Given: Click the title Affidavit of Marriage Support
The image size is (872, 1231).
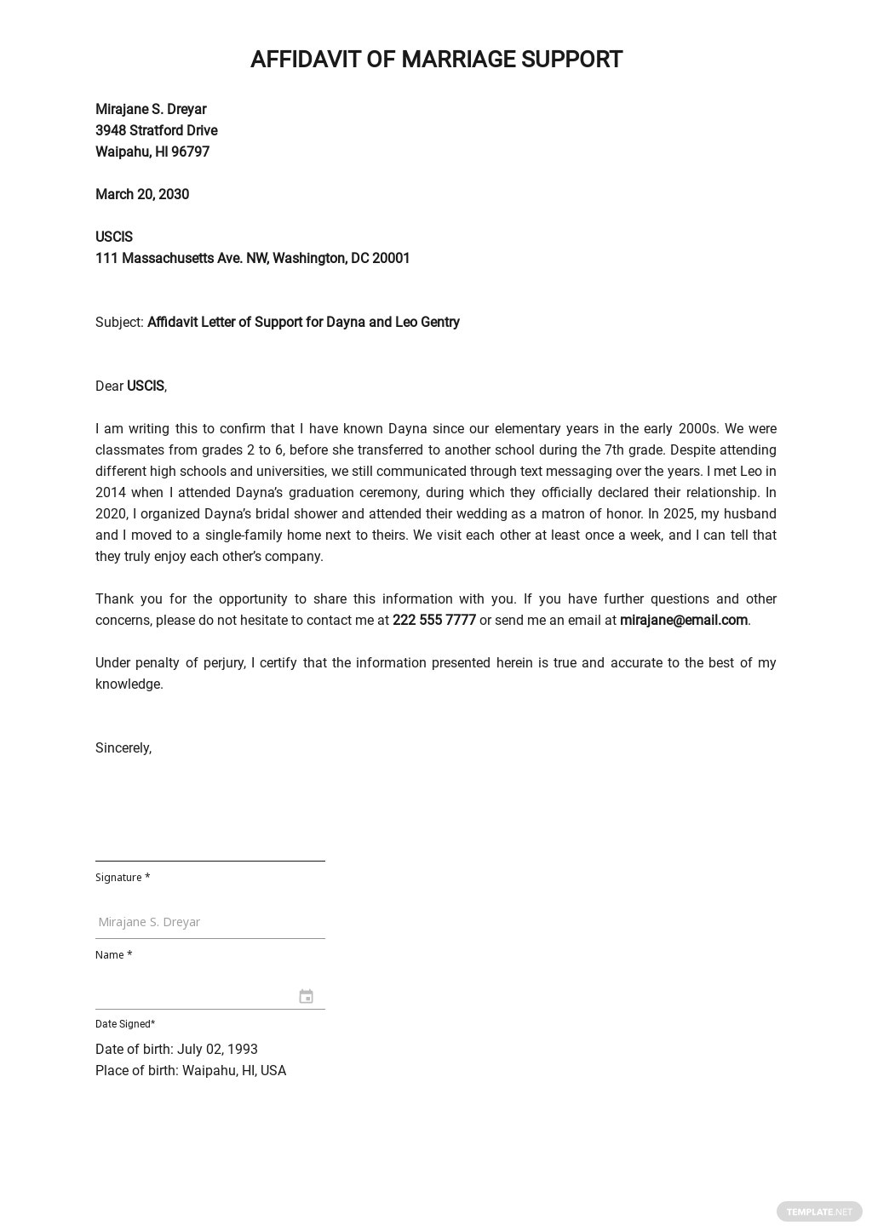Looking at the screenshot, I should pyautogui.click(x=436, y=60).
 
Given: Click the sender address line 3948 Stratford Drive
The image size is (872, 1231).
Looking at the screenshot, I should pyautogui.click(x=157, y=130).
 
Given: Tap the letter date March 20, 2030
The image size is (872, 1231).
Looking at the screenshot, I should pyautogui.click(x=142, y=194).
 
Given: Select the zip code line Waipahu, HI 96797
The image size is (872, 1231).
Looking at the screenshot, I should pyautogui.click(x=152, y=152).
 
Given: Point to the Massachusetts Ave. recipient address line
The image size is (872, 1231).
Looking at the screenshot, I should pyautogui.click(x=252, y=258).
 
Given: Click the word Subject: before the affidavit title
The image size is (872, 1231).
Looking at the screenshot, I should pyautogui.click(x=119, y=322).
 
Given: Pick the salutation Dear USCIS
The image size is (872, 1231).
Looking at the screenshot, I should pyautogui.click(x=131, y=386).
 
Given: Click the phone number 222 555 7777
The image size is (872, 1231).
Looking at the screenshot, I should pyautogui.click(x=433, y=620).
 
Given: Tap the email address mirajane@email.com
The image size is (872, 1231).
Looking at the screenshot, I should pyautogui.click(x=683, y=620).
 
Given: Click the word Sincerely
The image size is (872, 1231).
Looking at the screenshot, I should pyautogui.click(x=123, y=747).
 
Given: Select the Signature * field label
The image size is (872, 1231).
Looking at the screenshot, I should pyautogui.click(x=123, y=877).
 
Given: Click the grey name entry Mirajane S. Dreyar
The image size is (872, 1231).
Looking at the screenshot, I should pyautogui.click(x=149, y=921).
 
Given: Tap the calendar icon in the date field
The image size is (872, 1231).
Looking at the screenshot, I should pyautogui.click(x=306, y=996).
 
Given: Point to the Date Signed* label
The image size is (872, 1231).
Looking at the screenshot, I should pyautogui.click(x=125, y=1023).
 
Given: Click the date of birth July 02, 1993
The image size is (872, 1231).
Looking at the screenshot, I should pyautogui.click(x=217, y=1049).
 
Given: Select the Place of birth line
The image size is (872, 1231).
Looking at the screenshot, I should pyautogui.click(x=191, y=1070).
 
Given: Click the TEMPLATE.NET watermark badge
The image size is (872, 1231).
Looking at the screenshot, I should pyautogui.click(x=818, y=1211).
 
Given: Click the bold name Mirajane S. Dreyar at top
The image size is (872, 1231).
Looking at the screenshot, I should pyautogui.click(x=151, y=109).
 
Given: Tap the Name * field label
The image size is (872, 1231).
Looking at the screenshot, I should pyautogui.click(x=113, y=954).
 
